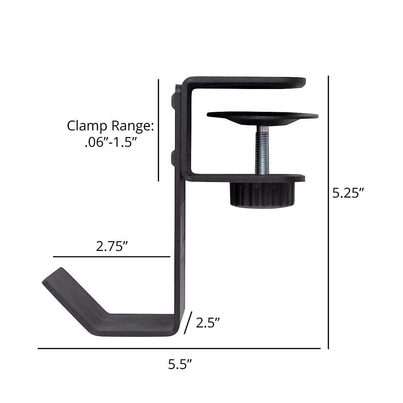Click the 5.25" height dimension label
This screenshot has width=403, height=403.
point(348,193)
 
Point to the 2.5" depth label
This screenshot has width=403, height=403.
point(208,323)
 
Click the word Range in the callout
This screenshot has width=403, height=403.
point(132,126)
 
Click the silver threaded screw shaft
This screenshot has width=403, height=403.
point(262,151)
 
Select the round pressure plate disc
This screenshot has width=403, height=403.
point(262,117)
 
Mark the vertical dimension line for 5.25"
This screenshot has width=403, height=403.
point(328,212)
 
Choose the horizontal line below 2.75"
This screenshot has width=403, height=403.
point(111,257)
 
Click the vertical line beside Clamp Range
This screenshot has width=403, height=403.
point(159,130)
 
